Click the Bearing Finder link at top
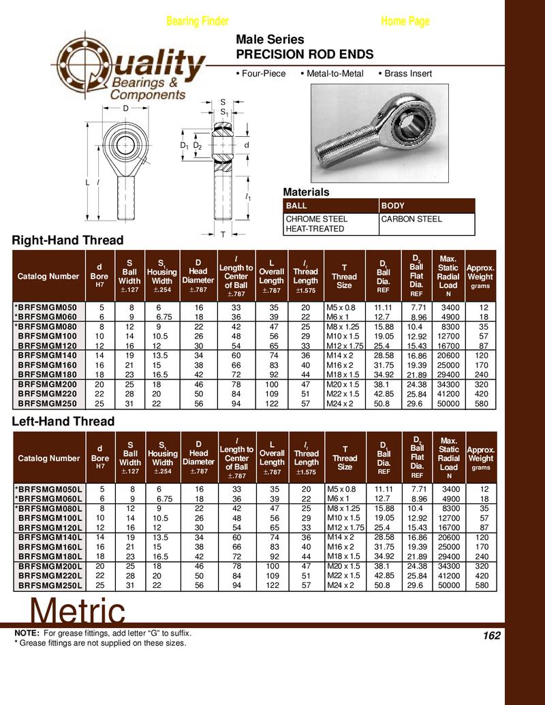197,21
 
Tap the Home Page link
405,21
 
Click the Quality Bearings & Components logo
129,70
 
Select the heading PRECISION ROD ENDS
304,54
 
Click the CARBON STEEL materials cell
411,219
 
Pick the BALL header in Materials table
296,205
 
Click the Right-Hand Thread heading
68,240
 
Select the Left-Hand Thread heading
63,422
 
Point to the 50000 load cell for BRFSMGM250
448,404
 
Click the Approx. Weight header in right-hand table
481,277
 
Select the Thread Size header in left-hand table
345,458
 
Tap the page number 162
491,636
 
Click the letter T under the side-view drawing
223,234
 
